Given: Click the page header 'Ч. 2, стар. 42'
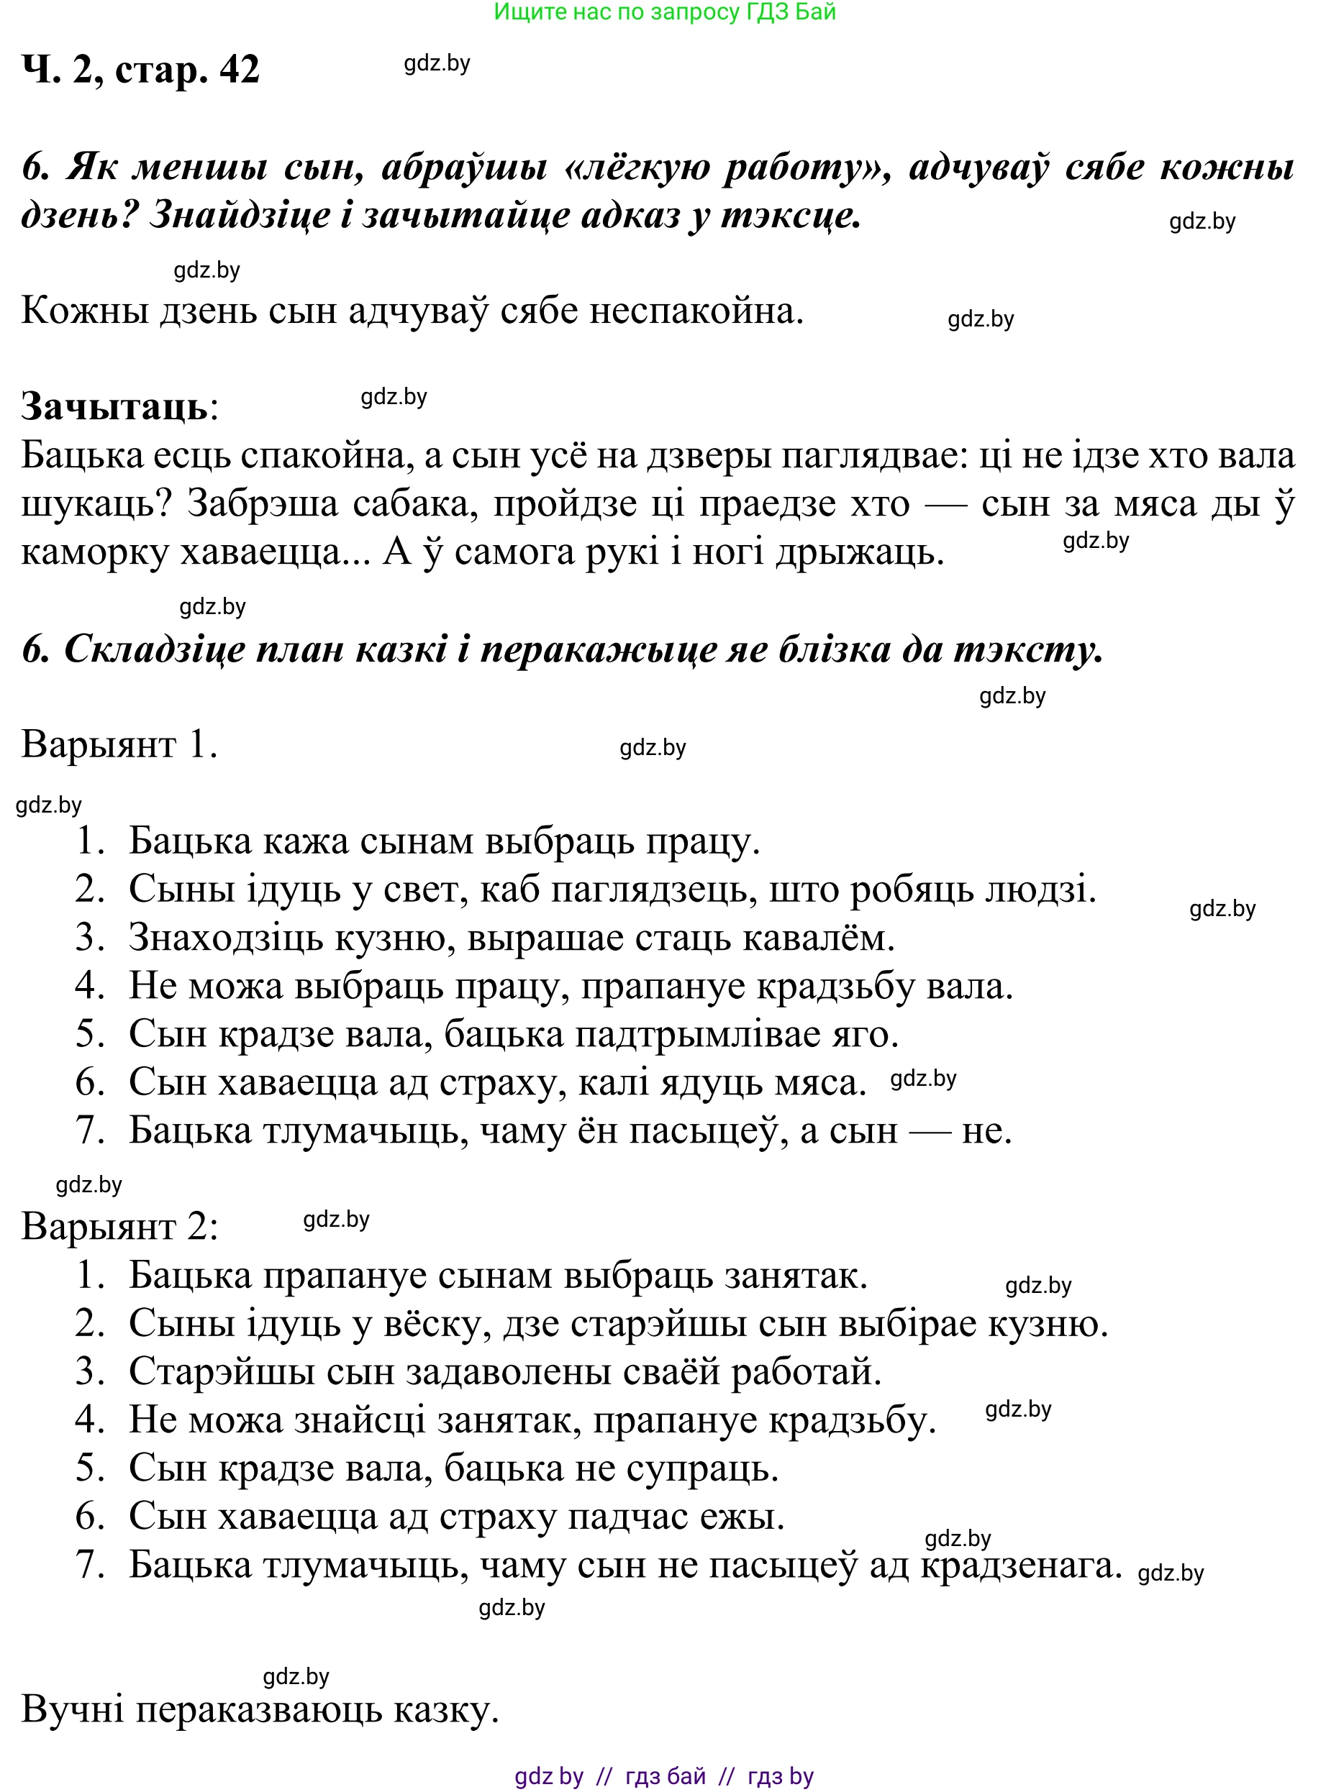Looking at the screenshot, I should point(140,70).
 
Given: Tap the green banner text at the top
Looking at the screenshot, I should point(665,12).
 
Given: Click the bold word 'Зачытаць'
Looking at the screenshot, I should point(114,407).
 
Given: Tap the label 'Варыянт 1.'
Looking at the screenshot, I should point(119,744).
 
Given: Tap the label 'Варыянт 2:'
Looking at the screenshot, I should point(119,1228).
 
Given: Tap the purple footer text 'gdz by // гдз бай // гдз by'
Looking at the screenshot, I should point(665,1776).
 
